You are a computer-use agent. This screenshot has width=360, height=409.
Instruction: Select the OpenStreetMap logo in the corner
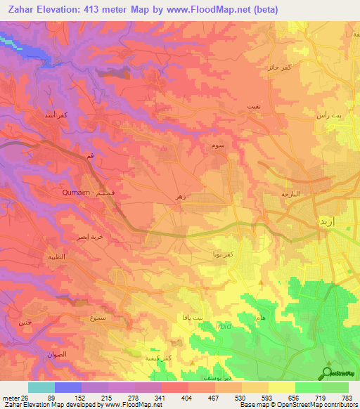[339, 372]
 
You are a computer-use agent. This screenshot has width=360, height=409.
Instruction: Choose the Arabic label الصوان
[58, 355]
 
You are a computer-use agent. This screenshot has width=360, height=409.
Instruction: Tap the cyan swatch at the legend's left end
[41, 387]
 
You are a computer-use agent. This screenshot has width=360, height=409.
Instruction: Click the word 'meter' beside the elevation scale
[11, 397]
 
